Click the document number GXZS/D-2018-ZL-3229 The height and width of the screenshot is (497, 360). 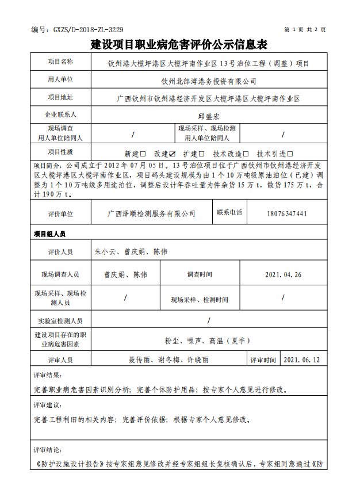[77, 29]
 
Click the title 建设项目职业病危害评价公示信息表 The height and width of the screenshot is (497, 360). [179, 45]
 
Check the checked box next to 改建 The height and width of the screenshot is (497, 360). [172, 154]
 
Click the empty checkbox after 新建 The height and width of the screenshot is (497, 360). [143, 154]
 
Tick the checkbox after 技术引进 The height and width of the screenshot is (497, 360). [290, 154]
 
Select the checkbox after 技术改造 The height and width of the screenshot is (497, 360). [246, 154]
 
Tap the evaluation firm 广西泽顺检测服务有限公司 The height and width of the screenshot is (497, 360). [151, 213]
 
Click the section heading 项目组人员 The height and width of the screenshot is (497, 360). [49, 234]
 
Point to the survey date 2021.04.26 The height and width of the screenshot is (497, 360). [283, 275]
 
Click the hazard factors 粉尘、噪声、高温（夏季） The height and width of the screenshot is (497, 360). [207, 341]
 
